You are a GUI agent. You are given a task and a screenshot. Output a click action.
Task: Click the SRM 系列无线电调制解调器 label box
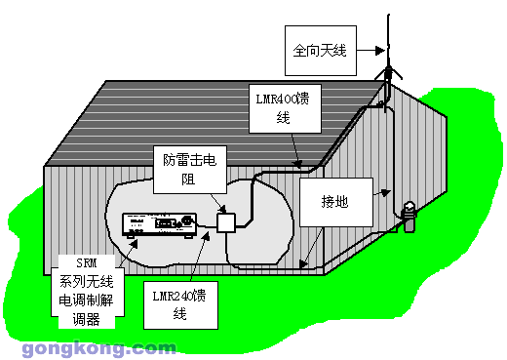point(87,289)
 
